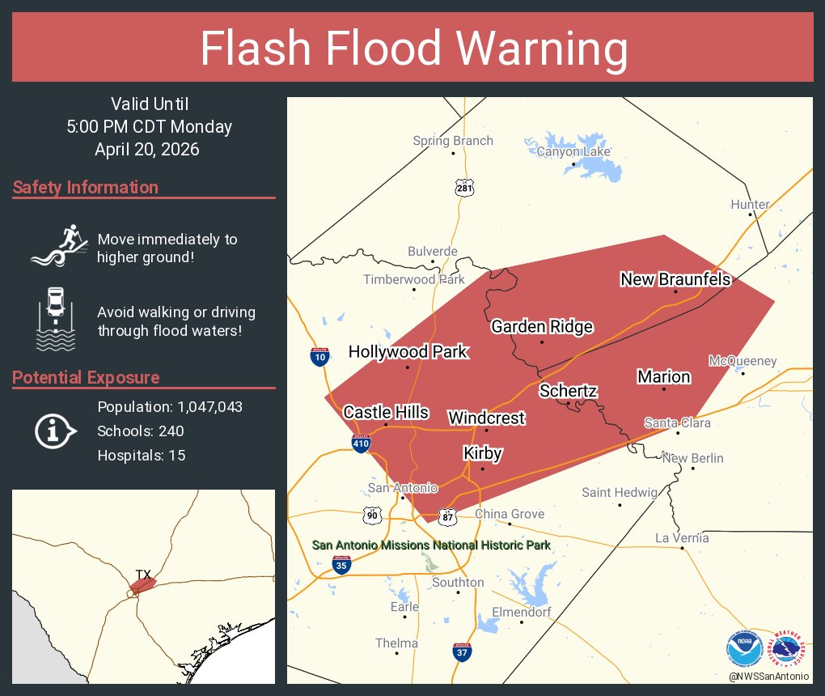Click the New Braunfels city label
click(x=675, y=279)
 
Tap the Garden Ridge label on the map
click(x=542, y=327)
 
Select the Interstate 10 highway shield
click(x=319, y=356)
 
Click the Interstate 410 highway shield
click(x=362, y=443)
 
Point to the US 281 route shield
click(x=463, y=187)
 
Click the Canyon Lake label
click(x=573, y=151)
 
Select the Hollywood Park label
click(x=408, y=351)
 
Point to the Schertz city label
click(x=568, y=391)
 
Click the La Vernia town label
click(x=682, y=538)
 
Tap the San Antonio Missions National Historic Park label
click(x=431, y=545)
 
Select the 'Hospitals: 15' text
click(x=142, y=456)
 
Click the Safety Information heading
click(x=86, y=188)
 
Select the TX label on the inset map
click(x=143, y=575)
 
